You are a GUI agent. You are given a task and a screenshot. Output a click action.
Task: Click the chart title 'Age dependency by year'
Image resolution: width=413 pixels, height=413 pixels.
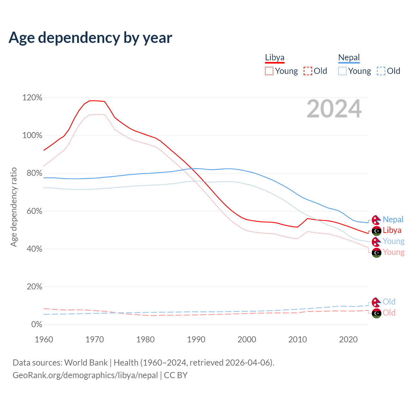(x=90, y=38)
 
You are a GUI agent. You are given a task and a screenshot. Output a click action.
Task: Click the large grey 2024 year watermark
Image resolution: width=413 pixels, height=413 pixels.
(x=334, y=109)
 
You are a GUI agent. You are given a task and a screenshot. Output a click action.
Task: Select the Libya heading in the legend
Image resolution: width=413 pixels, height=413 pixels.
(x=275, y=57)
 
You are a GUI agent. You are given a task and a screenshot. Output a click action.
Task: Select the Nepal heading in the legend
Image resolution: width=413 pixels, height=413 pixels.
(x=349, y=57)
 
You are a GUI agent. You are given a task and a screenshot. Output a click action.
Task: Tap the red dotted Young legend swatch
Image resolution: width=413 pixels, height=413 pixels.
(x=269, y=71)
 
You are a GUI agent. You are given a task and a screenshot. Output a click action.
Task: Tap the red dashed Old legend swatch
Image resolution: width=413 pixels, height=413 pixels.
(x=307, y=71)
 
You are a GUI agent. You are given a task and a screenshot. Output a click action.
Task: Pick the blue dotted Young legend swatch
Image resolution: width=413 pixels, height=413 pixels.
(x=342, y=71)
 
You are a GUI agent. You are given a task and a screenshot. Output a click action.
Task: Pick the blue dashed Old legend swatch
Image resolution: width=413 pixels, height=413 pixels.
(x=381, y=71)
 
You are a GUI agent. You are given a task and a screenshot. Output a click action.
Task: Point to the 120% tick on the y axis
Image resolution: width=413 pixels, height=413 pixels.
(x=32, y=97)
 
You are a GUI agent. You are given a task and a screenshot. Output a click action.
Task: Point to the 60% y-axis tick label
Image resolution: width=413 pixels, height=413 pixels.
(x=32, y=211)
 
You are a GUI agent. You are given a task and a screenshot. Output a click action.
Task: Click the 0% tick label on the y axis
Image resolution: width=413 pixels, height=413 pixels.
(x=36, y=324)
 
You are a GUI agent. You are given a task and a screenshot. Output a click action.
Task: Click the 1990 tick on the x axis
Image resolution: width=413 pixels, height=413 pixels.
(x=196, y=339)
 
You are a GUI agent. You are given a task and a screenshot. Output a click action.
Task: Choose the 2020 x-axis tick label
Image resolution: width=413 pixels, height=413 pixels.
(x=348, y=339)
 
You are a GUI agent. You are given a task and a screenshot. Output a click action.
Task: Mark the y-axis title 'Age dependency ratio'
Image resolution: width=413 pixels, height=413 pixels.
(x=14, y=207)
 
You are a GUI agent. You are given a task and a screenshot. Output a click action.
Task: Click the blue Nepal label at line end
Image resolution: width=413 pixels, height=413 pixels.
(x=393, y=219)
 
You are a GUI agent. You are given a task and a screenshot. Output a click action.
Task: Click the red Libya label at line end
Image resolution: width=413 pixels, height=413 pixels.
(x=392, y=230)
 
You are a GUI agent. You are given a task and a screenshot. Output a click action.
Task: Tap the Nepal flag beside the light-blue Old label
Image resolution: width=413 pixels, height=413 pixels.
(x=376, y=302)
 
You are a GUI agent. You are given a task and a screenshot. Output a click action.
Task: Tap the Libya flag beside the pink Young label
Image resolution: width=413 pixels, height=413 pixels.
(x=376, y=253)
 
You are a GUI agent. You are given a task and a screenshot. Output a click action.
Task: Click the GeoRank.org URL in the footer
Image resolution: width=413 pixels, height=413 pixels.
(x=85, y=375)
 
